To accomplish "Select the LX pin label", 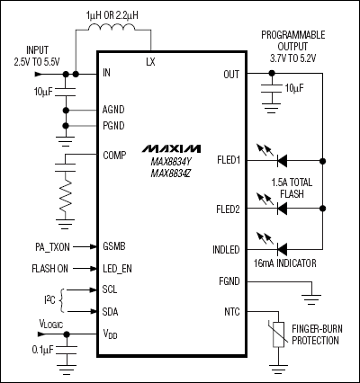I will coord(150,63).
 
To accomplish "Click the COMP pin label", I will coord(114,154).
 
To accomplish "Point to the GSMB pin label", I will coord(114,245).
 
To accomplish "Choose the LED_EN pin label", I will coord(119,268).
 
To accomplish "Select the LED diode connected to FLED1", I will coord(281,162).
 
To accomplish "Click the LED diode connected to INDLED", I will coord(281,248).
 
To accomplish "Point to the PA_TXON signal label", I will coord(44,245).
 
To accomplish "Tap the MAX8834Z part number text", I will coord(171,173).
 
